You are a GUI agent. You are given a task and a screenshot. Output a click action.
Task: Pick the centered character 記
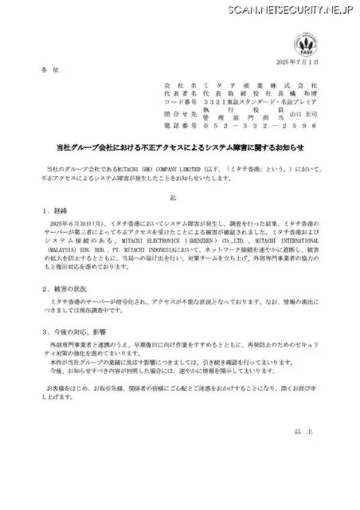(179, 196)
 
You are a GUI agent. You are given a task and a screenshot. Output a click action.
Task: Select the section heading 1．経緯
(56, 211)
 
